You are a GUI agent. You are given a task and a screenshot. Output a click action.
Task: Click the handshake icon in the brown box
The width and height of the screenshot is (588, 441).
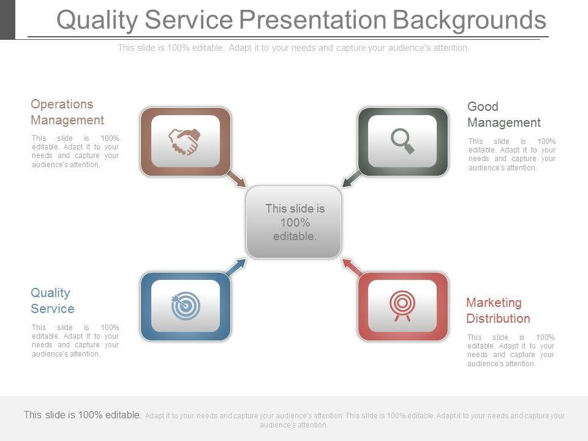[184, 141]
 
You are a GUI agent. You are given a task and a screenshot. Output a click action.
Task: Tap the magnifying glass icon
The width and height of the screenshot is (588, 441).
[402, 141]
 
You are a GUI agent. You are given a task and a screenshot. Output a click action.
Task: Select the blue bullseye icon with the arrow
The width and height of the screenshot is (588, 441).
[185, 306]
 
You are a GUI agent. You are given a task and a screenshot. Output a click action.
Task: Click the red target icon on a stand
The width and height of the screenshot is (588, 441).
[402, 306]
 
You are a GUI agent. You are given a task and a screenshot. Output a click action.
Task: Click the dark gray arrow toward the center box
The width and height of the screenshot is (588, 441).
[352, 178]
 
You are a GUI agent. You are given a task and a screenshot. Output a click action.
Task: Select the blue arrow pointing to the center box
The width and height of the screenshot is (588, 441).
[236, 267]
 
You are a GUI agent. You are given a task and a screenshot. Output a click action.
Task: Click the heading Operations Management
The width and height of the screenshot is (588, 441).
[67, 112]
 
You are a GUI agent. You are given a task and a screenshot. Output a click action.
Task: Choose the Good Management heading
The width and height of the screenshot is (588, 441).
[503, 115]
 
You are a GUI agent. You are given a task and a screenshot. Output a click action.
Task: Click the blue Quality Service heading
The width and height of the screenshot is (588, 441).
[52, 300]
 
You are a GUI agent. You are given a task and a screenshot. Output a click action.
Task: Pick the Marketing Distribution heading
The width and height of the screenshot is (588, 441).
[498, 311]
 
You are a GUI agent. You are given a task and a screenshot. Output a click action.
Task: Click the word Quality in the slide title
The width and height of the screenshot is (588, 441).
[97, 20]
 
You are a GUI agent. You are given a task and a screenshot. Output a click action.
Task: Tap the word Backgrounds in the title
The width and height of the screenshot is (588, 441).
[469, 20]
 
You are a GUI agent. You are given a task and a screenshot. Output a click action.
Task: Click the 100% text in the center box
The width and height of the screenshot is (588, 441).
[295, 222]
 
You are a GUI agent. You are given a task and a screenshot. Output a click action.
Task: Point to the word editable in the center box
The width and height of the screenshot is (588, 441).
[295, 236]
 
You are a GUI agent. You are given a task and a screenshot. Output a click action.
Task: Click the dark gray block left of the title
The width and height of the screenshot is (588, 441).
[7, 20]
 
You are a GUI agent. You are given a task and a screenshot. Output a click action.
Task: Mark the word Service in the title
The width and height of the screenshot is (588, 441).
[189, 20]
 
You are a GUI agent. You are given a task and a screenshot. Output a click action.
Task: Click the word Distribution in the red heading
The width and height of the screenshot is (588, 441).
[498, 318]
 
